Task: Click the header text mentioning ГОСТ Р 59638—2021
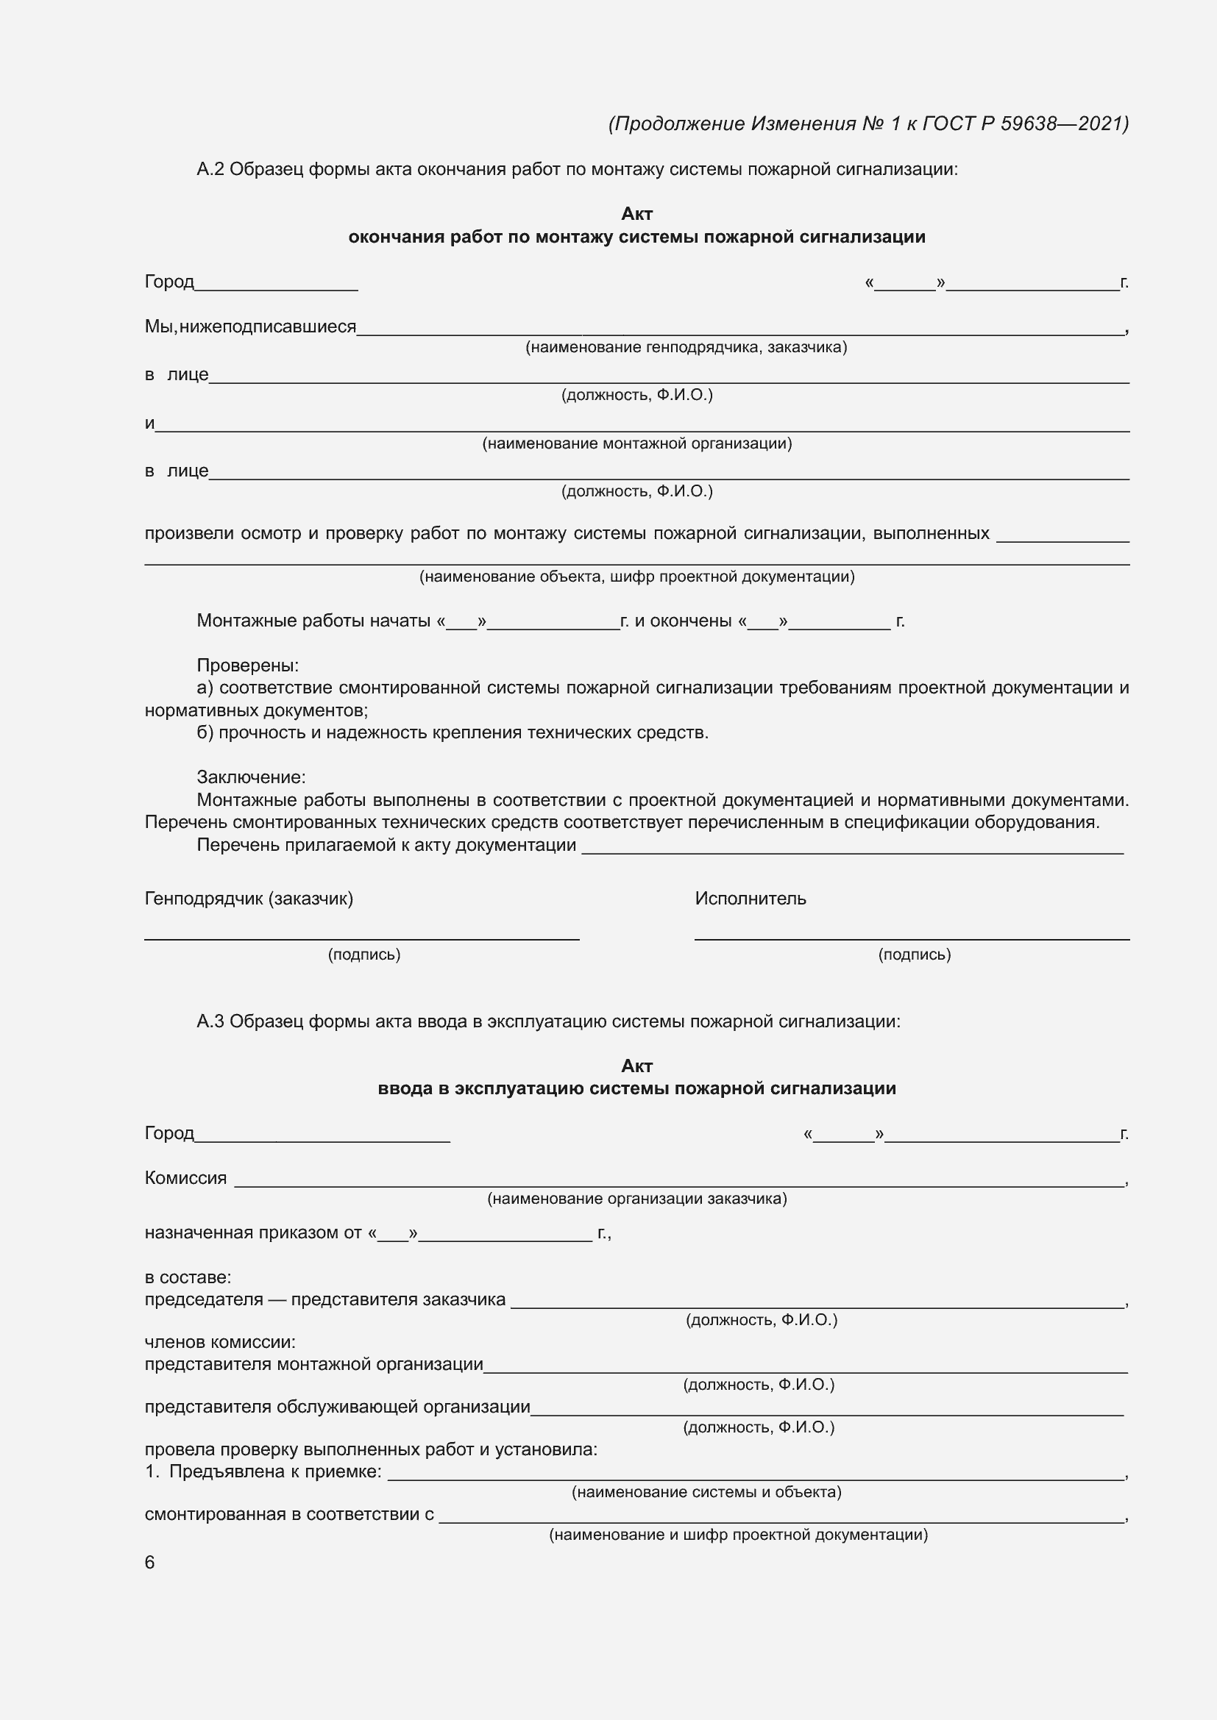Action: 868,124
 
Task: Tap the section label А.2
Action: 210,169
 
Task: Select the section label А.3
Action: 210,1021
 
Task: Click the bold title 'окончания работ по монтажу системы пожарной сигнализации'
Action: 637,238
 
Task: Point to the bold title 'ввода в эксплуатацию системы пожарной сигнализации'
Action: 637,1088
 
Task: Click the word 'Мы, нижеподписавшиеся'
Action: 250,326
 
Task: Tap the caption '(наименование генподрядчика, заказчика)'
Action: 686,347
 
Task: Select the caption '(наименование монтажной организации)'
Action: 637,443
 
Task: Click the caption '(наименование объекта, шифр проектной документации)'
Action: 637,576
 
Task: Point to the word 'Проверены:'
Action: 248,665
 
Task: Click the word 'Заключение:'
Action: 251,777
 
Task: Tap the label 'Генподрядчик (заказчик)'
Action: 249,898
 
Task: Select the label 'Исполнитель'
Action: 750,898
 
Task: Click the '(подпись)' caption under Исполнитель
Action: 915,954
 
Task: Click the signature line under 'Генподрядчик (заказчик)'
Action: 362,938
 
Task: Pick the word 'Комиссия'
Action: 186,1178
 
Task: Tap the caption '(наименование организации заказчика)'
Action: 637,1199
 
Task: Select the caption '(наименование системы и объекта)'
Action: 706,1492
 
